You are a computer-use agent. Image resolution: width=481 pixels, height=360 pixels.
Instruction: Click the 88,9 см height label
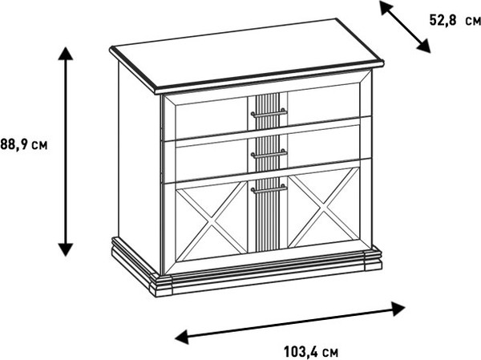click(x=24, y=144)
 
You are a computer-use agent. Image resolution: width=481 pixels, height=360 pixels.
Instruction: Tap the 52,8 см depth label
click(x=455, y=21)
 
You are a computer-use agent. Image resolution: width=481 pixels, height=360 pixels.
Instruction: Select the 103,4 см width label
click(x=311, y=352)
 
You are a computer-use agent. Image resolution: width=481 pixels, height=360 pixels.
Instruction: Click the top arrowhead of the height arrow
click(x=66, y=53)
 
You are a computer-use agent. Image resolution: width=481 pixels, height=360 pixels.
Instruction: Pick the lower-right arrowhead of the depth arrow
click(x=423, y=46)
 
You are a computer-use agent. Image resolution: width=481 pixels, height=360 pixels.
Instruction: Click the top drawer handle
click(x=269, y=113)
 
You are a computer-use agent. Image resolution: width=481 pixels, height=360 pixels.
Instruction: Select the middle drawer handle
click(x=269, y=154)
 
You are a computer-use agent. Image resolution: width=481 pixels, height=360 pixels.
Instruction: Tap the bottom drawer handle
click(x=269, y=189)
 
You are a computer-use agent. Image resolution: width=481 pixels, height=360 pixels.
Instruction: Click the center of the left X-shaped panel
click(x=212, y=221)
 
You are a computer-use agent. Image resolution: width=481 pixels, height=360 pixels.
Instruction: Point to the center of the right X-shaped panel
click(x=323, y=208)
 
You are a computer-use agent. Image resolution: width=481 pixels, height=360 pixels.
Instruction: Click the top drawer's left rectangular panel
click(x=212, y=119)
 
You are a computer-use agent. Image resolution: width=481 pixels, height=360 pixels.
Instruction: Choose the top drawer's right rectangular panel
click(x=324, y=103)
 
